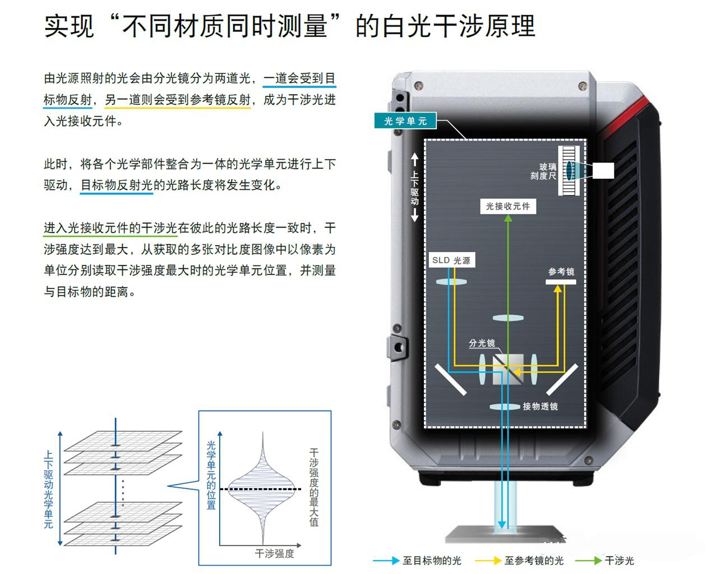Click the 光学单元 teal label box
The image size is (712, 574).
405,121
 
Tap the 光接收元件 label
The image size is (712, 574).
508,206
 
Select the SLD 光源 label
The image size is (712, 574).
451,260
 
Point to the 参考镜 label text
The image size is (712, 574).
561,272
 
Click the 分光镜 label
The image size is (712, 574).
482,343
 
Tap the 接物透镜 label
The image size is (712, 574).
540,407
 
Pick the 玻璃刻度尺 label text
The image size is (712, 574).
544,171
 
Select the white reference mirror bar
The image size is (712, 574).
561,282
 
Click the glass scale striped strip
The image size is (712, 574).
569,170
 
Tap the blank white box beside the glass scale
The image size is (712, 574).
603,170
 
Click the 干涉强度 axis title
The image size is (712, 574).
274,554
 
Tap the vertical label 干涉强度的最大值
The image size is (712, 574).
314,487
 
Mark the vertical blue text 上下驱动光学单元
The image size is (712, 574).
49,491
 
